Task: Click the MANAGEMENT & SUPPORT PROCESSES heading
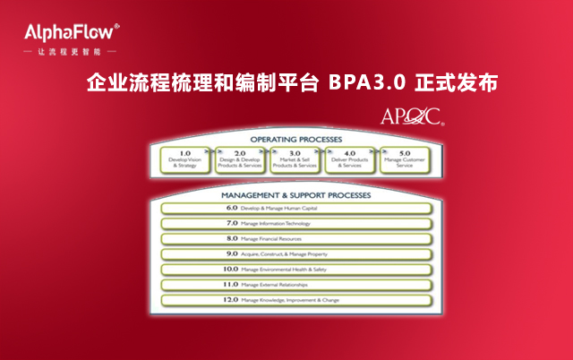(x=295, y=193)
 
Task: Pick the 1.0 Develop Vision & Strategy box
(x=185, y=159)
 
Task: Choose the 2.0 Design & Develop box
(x=240, y=159)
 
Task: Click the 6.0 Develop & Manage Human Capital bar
(x=295, y=208)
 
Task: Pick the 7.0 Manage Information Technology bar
(x=295, y=223)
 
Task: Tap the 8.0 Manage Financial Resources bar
(x=295, y=238)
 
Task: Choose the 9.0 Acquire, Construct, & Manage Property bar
(x=295, y=253)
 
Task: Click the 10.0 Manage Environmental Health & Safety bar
(x=295, y=269)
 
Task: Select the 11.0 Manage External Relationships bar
(x=295, y=284)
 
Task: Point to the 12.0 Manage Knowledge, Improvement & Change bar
(x=295, y=299)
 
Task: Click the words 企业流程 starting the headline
(x=121, y=83)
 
